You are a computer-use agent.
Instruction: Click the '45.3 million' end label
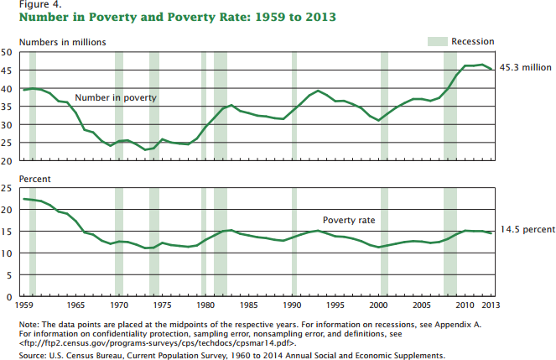pyautogui.click(x=525, y=67)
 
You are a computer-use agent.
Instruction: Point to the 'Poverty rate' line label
pyautogui.click(x=349, y=221)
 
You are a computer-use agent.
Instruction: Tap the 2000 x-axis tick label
pyautogui.click(x=380, y=305)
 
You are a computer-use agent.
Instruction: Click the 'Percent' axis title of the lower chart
pyautogui.click(x=18, y=178)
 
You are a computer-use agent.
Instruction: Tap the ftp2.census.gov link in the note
pyautogui.click(x=135, y=342)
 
